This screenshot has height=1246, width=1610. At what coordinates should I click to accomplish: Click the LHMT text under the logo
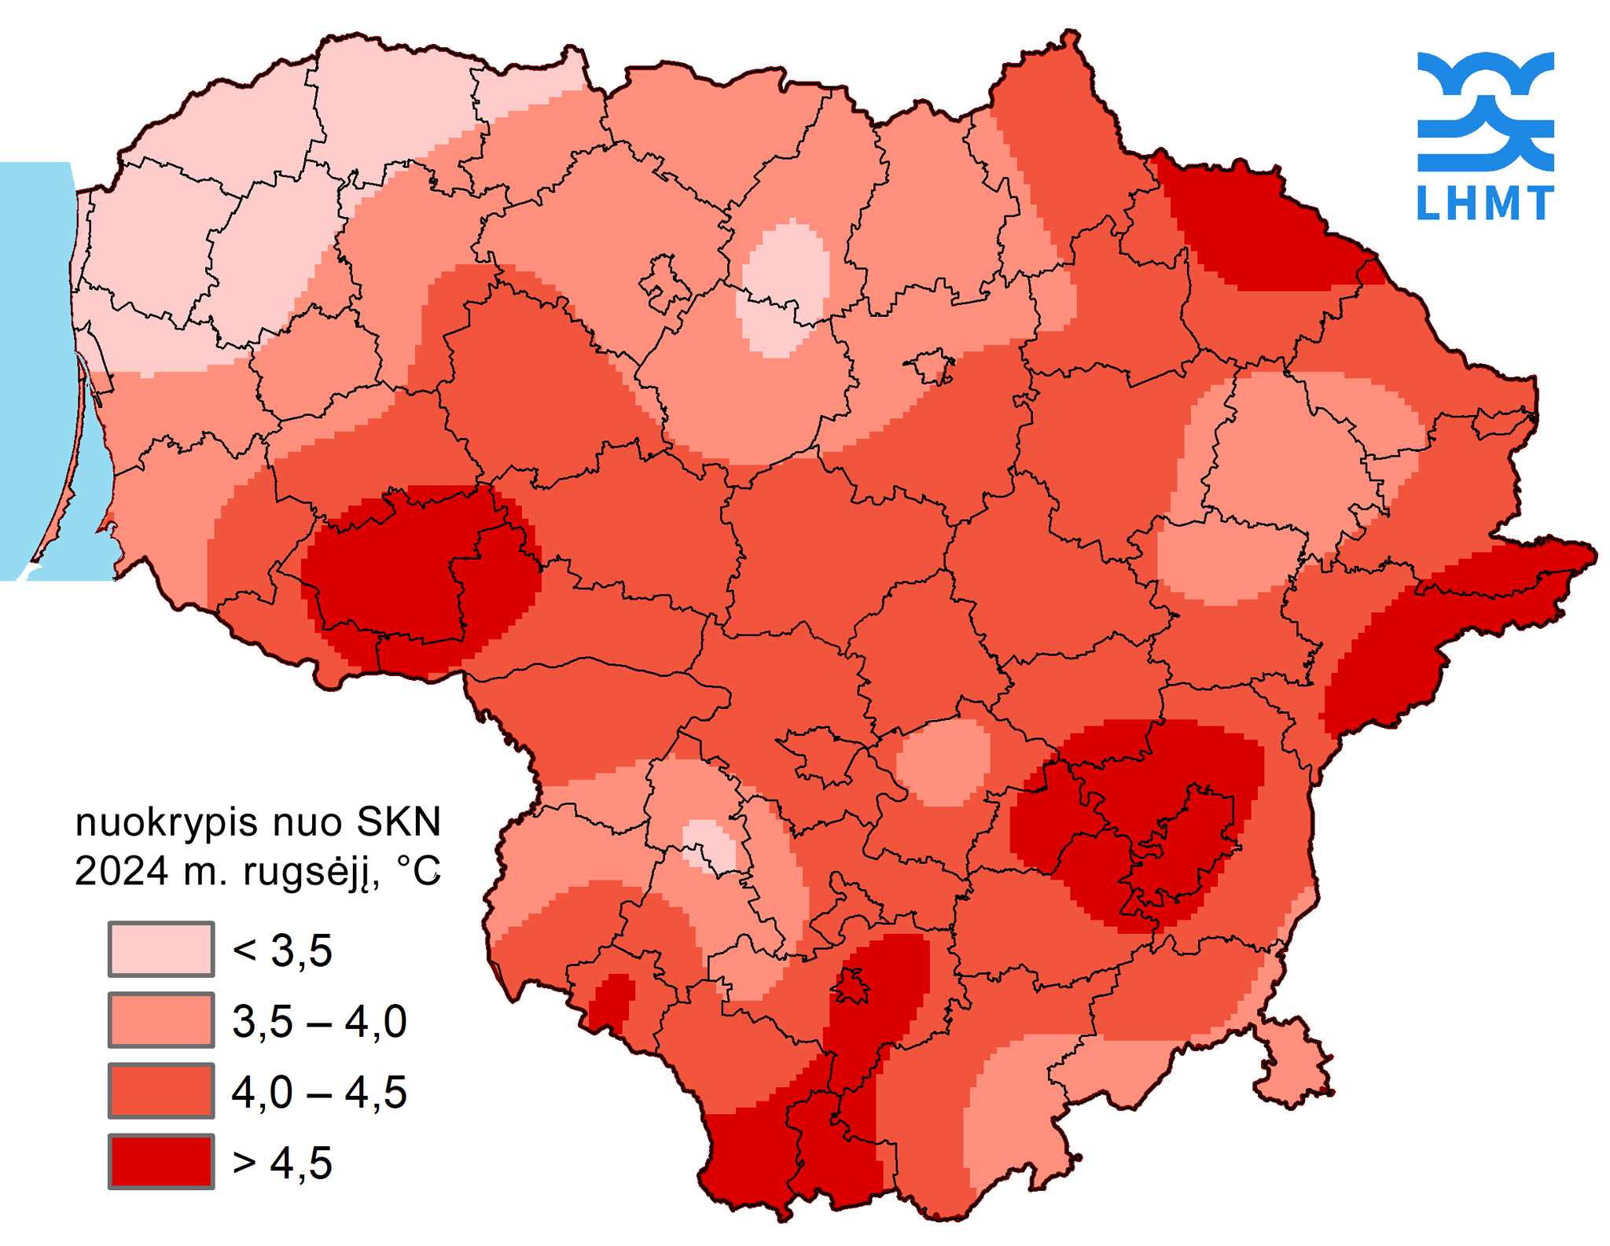tap(1484, 203)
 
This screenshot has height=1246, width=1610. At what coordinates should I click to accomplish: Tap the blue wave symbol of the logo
tap(1484, 111)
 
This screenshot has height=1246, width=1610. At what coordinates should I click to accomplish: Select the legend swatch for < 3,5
tap(161, 949)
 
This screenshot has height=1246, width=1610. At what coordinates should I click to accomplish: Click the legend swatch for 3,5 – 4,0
tap(161, 1020)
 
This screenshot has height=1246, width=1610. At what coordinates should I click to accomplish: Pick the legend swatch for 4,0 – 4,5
tap(161, 1090)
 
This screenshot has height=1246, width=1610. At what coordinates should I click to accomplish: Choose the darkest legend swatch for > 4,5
tap(161, 1161)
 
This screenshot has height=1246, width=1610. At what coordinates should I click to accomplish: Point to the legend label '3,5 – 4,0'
tap(319, 1021)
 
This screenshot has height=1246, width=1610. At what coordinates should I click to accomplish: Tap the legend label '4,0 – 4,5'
tap(319, 1092)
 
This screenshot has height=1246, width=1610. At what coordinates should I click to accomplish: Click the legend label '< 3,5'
tap(282, 950)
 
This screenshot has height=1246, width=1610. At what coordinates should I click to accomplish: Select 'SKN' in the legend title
tap(399, 821)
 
